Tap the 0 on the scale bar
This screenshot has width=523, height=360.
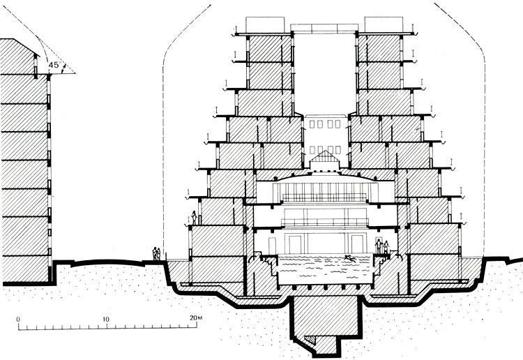18,320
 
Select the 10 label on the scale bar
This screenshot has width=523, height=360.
106,320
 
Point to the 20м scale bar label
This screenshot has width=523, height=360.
196,317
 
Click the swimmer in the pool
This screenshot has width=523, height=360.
349,257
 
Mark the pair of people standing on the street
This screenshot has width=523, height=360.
156,253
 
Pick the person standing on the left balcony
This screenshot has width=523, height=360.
193,218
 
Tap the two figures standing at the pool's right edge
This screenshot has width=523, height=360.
382,247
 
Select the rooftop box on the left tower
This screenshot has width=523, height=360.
266,24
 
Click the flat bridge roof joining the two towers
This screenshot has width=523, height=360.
324,28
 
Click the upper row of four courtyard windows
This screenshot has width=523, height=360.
325,124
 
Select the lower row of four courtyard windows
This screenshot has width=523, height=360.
325,150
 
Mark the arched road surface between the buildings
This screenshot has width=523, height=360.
107,262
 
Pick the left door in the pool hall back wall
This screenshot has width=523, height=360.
295,244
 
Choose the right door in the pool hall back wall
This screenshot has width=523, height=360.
357,244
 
